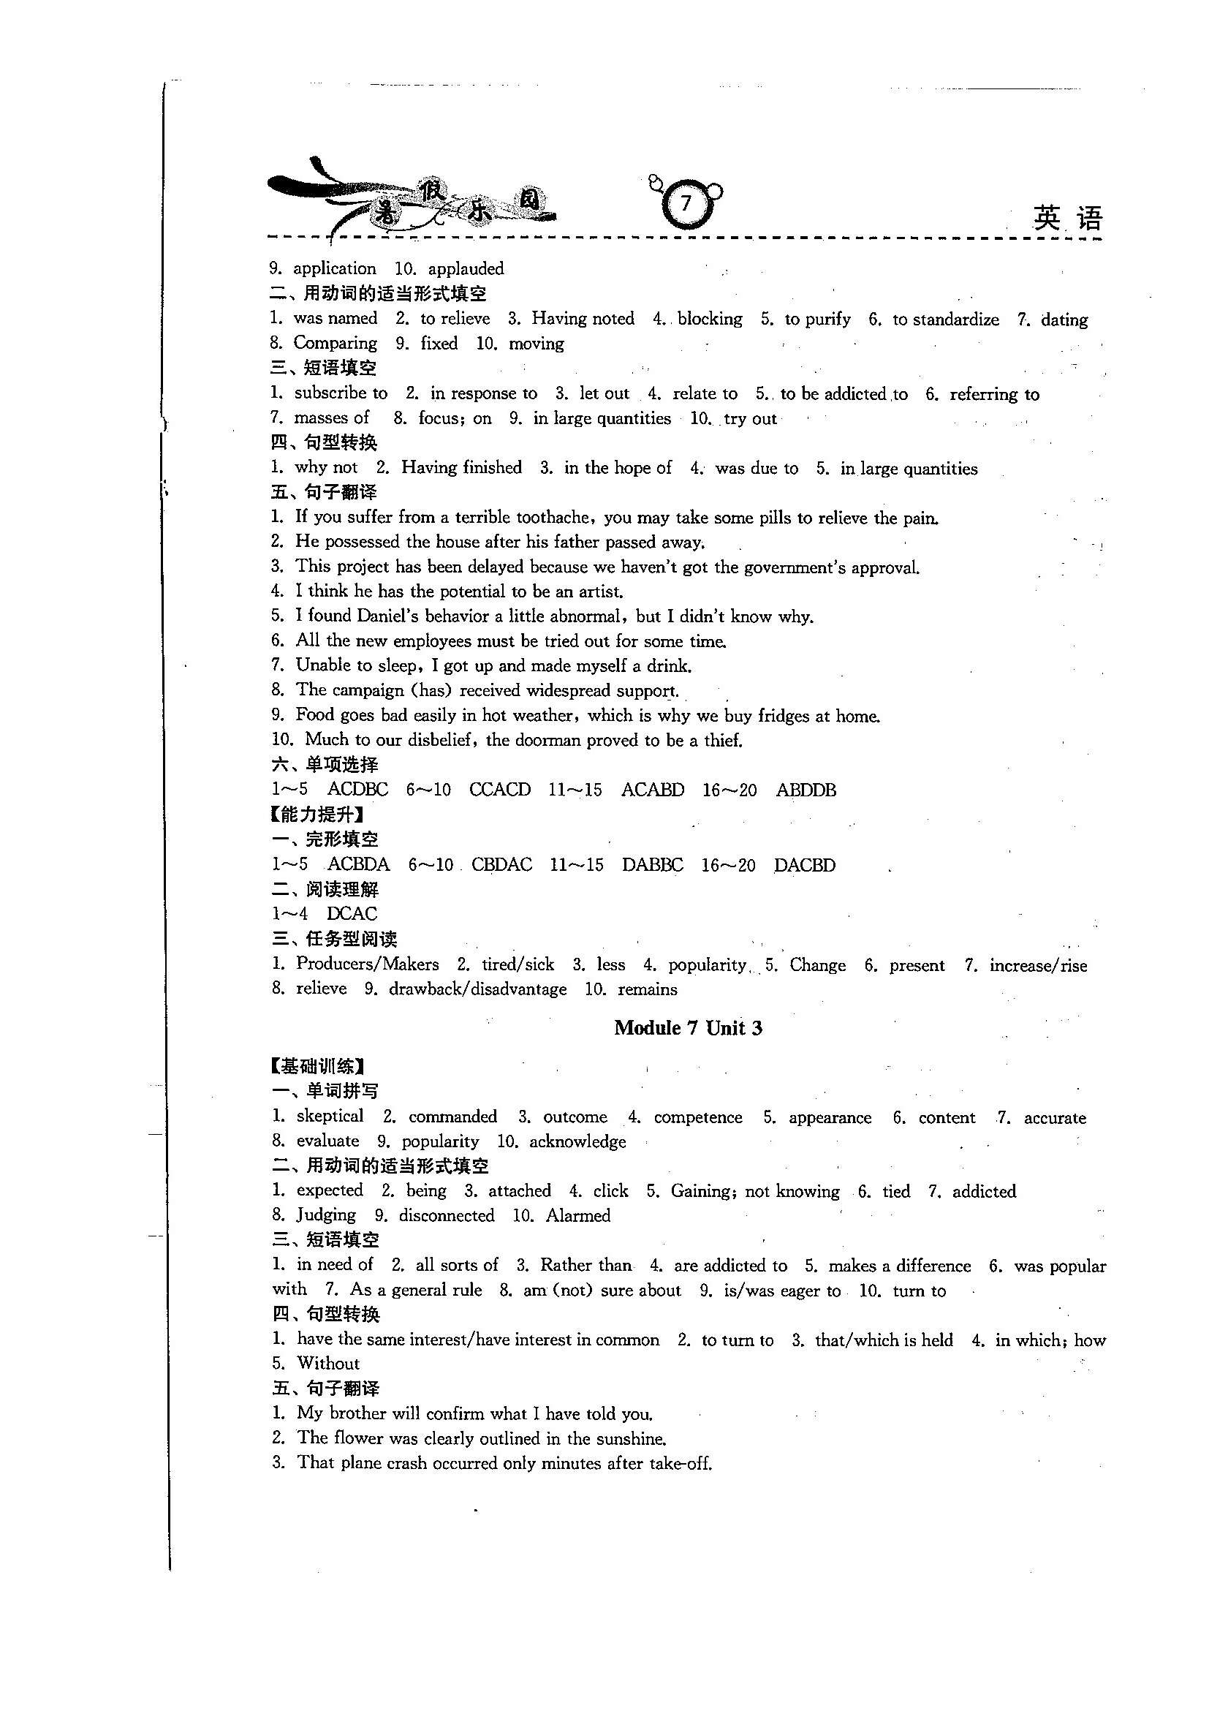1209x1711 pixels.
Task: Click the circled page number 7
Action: point(686,203)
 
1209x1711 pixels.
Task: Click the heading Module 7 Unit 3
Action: point(688,1028)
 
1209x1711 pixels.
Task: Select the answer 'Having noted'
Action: point(583,319)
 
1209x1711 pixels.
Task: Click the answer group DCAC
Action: point(352,913)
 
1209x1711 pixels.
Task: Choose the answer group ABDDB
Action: point(806,790)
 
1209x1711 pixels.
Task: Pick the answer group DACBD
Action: point(805,865)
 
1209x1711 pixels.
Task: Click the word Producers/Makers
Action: point(367,964)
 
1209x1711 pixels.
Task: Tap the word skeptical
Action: point(330,1117)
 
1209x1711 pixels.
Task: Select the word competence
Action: point(698,1118)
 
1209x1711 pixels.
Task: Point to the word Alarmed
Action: point(578,1216)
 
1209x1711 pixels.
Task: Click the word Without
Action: point(327,1364)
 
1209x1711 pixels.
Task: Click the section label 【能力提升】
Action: point(318,815)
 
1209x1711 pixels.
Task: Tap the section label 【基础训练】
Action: point(318,1066)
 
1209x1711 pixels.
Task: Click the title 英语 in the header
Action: point(1067,219)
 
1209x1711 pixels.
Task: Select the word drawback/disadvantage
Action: point(477,989)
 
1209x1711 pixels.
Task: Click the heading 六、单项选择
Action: point(325,765)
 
